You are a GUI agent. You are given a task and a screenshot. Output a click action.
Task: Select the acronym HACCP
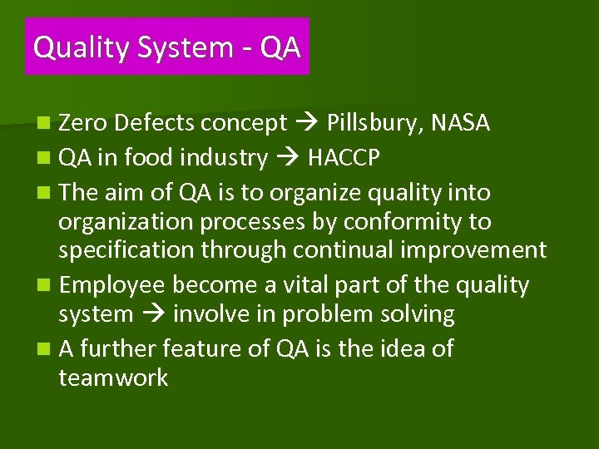(x=344, y=158)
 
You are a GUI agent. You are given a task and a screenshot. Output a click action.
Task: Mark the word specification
(x=128, y=250)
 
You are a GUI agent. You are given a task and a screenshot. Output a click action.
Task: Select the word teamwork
(x=113, y=378)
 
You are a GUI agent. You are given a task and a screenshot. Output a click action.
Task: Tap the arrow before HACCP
(x=287, y=158)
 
